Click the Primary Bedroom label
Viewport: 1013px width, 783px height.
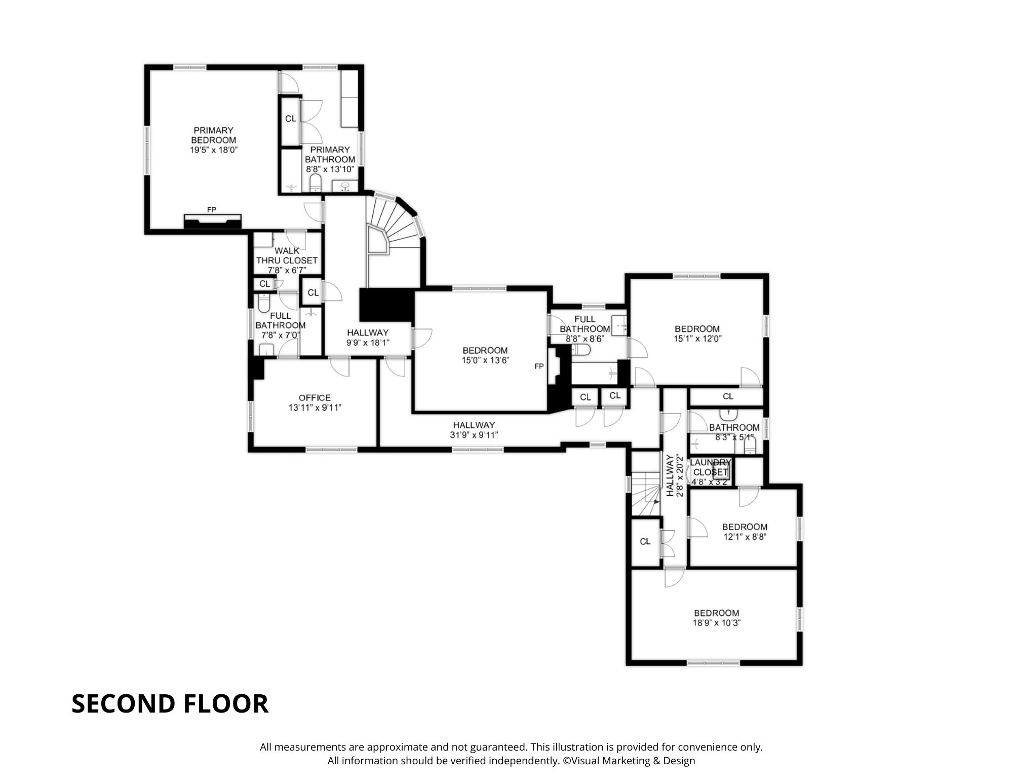213,135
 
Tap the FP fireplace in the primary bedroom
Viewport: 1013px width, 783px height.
212,220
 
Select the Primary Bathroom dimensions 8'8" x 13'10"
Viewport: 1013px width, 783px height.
330,169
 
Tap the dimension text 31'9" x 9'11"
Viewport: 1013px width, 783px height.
474,435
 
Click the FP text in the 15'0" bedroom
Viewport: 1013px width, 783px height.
539,366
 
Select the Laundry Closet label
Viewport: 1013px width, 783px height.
710,467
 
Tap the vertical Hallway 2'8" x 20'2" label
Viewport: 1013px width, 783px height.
675,475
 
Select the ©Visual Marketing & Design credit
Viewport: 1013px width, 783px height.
629,761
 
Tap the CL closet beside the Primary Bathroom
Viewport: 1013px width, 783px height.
290,119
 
